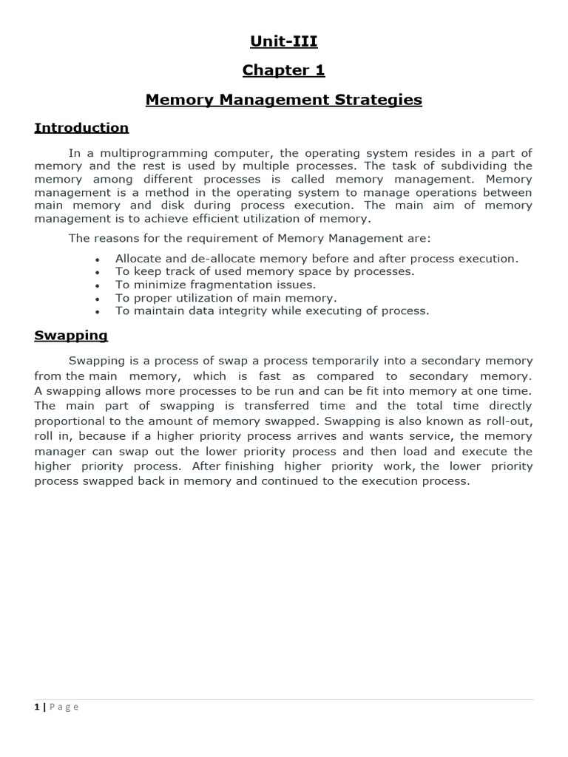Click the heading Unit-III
(x=283, y=41)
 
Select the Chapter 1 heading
(x=283, y=70)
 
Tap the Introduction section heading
(x=81, y=128)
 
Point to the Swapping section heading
(x=71, y=336)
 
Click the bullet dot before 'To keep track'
(x=98, y=272)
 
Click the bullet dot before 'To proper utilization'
(x=98, y=299)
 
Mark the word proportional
(x=68, y=421)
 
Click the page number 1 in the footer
(x=37, y=707)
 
